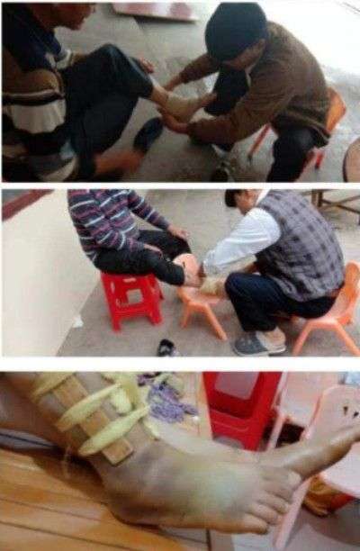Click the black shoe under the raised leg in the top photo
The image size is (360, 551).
point(148,134)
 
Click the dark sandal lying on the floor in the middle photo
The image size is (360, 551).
point(166,347)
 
